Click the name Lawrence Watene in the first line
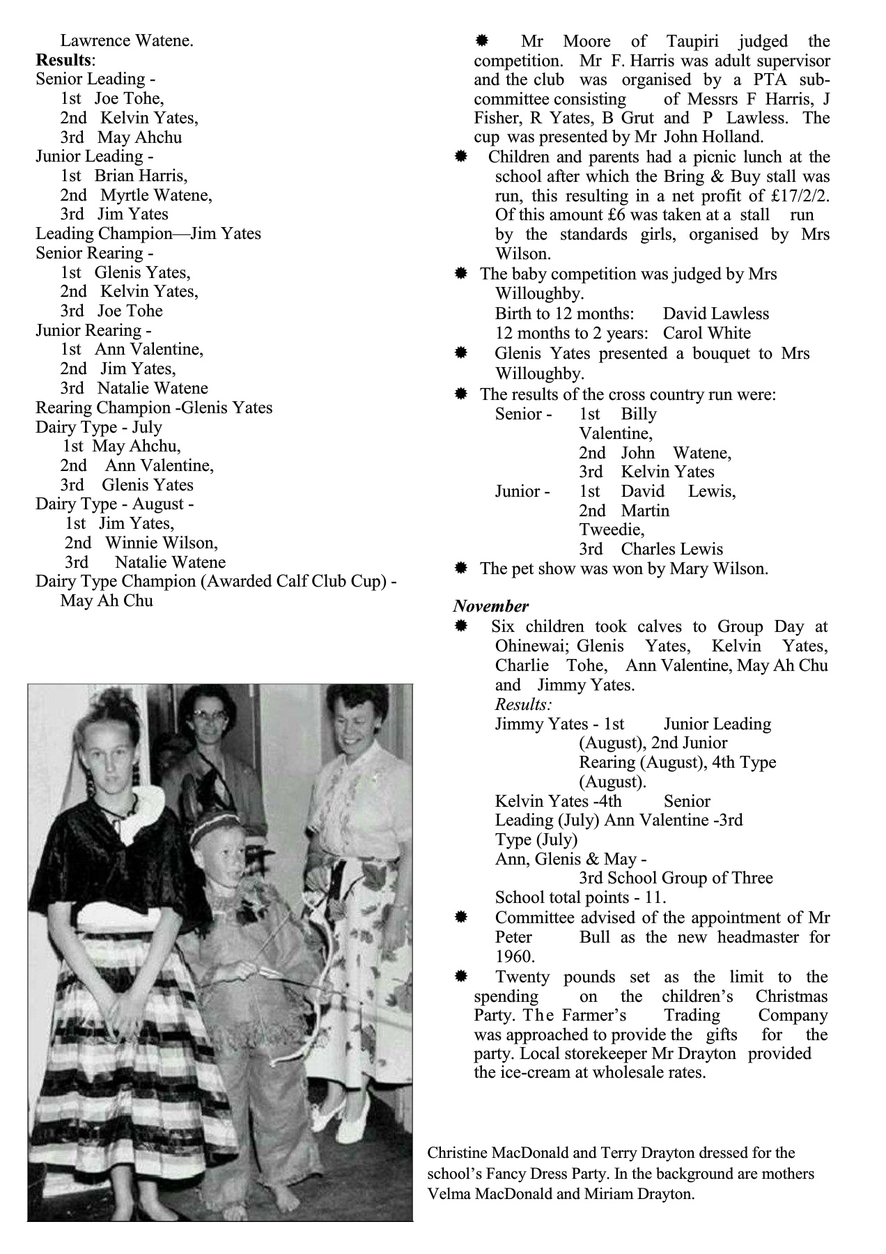click(x=127, y=40)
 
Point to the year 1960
click(x=515, y=957)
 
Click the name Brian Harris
click(x=141, y=176)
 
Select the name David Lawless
click(x=715, y=313)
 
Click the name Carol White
click(x=706, y=333)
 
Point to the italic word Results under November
click(x=523, y=704)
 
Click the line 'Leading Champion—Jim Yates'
click(x=148, y=233)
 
